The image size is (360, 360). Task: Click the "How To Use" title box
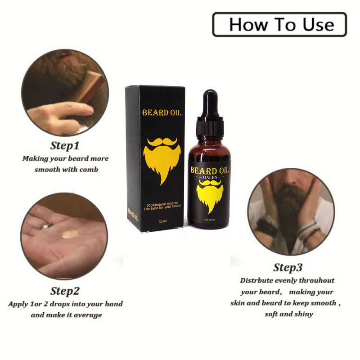(x=279, y=24)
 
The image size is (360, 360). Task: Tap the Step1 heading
(x=65, y=145)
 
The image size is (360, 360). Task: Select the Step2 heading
(x=65, y=291)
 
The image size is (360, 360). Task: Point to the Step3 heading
(x=288, y=267)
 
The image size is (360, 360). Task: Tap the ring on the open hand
(x=47, y=226)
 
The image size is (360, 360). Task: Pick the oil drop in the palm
(x=70, y=234)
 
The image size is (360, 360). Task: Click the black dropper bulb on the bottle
(x=210, y=103)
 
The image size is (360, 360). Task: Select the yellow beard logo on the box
(x=162, y=158)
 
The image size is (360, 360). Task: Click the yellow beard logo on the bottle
(x=210, y=195)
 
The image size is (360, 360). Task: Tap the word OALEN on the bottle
(x=210, y=177)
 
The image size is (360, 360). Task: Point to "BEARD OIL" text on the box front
(x=162, y=112)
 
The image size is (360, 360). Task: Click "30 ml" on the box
(x=162, y=221)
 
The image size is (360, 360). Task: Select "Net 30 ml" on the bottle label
(x=210, y=220)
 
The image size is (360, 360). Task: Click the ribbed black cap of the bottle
(x=210, y=128)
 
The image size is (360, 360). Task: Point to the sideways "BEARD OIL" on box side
(x=133, y=215)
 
